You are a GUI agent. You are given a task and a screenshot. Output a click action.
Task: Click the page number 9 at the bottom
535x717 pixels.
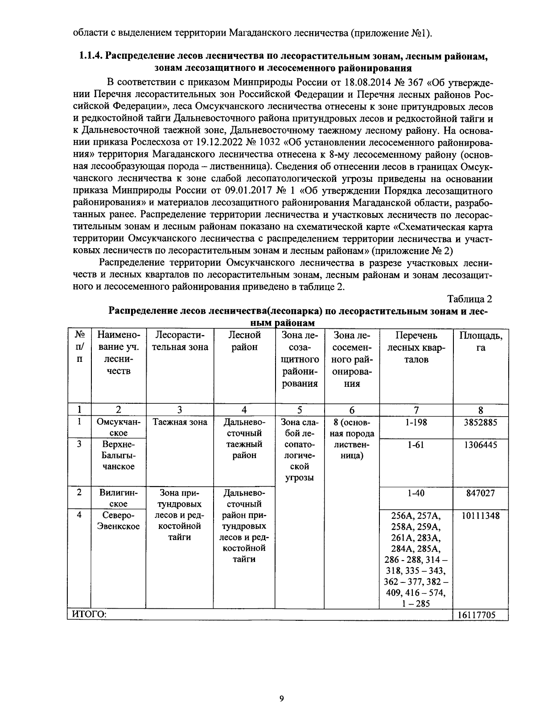(x=281, y=699)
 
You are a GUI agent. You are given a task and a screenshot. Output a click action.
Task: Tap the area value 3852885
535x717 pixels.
(x=481, y=422)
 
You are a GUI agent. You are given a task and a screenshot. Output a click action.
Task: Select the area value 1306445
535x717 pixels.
(x=481, y=445)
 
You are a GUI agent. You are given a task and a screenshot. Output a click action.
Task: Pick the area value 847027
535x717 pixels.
(x=481, y=493)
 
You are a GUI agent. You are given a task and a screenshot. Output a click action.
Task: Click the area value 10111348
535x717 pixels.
(x=481, y=516)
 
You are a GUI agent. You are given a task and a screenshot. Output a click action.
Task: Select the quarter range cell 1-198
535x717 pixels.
(x=416, y=422)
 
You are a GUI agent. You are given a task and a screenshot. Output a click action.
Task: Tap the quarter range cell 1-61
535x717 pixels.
(x=416, y=445)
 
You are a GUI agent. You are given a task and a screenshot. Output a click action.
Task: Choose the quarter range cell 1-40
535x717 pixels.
(x=416, y=493)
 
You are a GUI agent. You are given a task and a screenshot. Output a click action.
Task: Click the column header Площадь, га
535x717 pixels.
(x=481, y=341)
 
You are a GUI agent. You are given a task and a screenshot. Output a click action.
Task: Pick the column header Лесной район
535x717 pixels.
(x=244, y=341)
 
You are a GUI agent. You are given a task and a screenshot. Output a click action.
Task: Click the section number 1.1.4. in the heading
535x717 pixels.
(x=92, y=57)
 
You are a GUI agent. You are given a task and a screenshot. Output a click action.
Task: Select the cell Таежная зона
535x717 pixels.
(x=180, y=422)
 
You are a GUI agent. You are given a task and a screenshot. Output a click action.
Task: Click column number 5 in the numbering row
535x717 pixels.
(x=300, y=410)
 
